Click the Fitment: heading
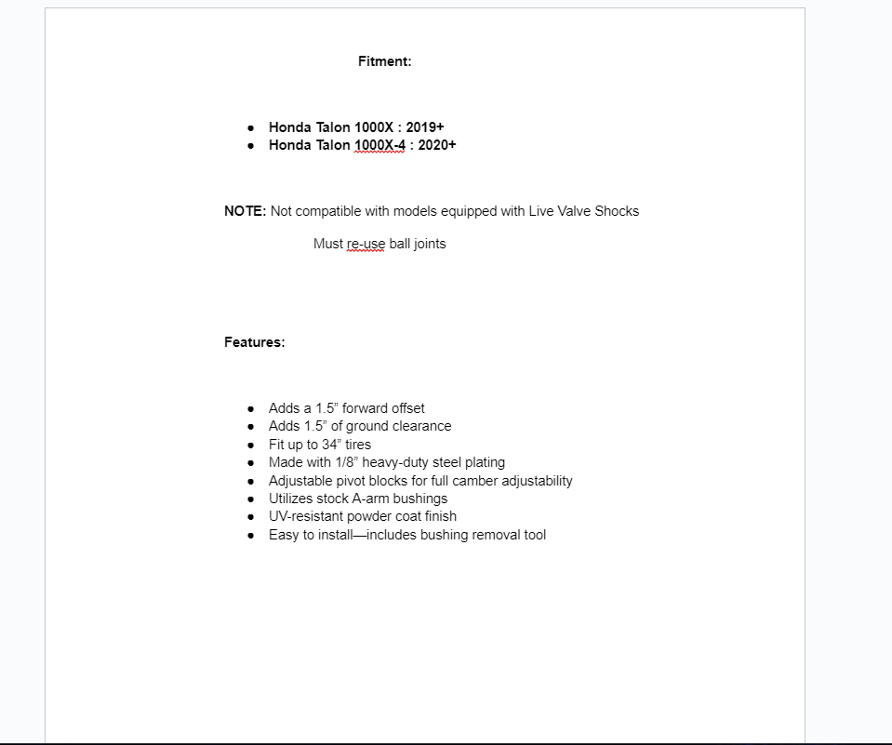pos(384,61)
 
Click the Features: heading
pos(254,342)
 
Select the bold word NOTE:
pos(245,211)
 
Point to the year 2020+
pos(437,145)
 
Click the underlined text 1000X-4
pos(379,145)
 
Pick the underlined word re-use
pos(366,244)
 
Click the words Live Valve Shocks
pos(584,211)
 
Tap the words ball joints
pos(418,244)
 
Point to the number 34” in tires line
pos(333,445)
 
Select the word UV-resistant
pos(305,516)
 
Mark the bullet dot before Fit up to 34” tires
pos(251,445)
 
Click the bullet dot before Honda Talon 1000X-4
pos(251,146)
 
